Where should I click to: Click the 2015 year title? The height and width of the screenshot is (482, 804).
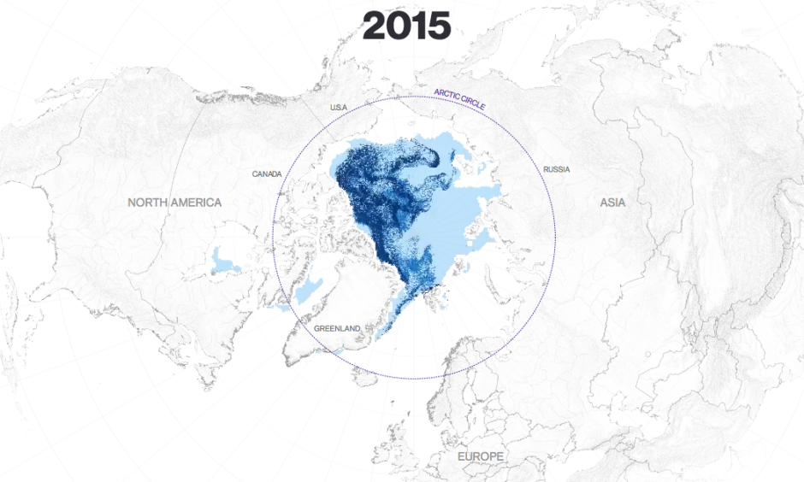point(406,26)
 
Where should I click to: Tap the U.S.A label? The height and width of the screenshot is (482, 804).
point(340,108)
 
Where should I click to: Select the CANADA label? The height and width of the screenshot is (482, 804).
point(267,173)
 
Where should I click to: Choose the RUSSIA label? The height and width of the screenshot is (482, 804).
point(556,169)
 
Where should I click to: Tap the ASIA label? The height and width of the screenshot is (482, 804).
point(612,203)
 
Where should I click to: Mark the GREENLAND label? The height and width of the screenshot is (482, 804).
point(337,328)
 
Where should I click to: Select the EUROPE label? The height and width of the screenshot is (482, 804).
point(480,457)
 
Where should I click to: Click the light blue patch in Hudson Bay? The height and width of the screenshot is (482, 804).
point(226,257)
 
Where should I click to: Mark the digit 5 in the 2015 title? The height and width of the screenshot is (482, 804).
point(437,26)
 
